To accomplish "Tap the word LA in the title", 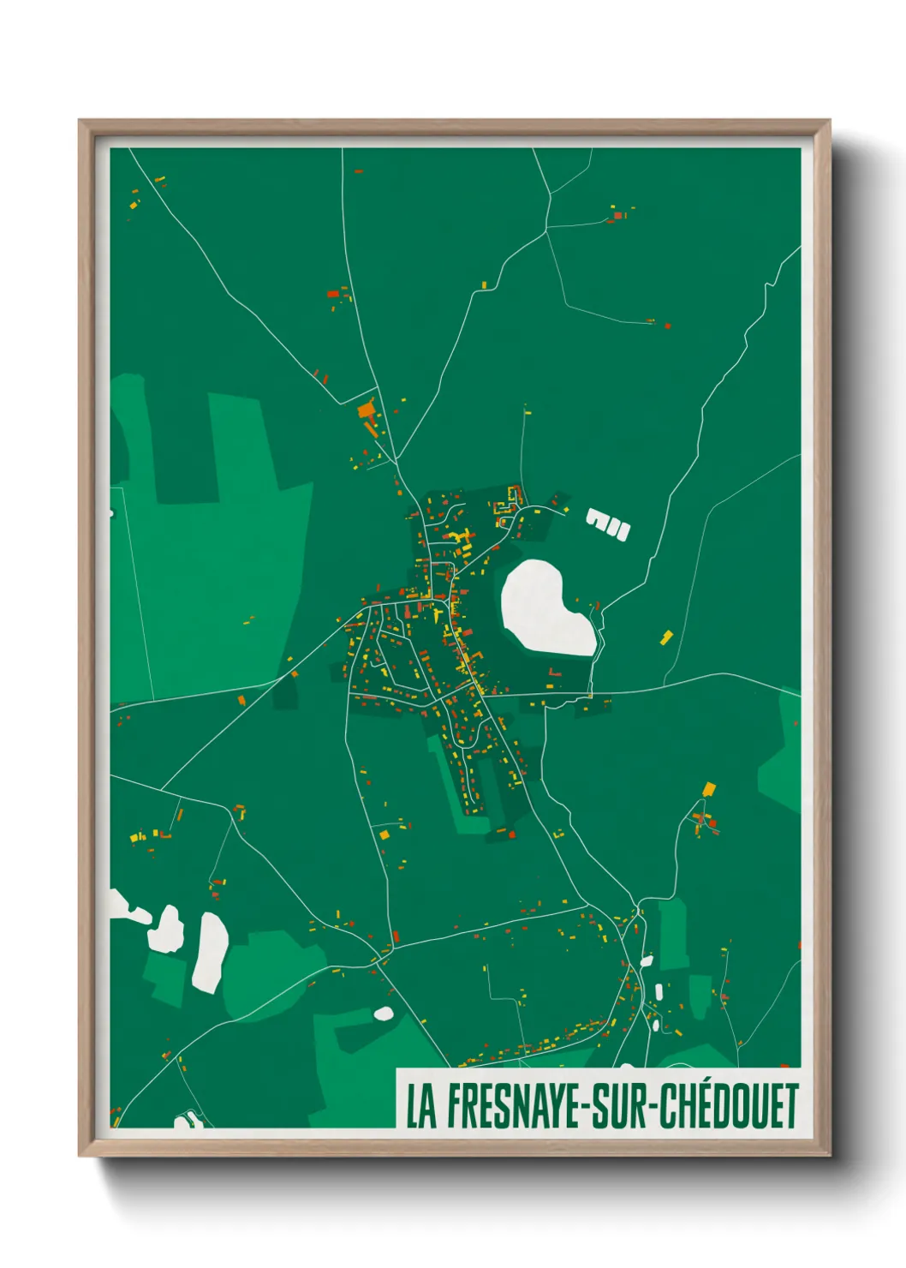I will pos(420,1106).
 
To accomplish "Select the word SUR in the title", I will pos(619,1106).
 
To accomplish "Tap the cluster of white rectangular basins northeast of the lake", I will pos(608,523).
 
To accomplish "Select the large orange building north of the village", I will pos(367,410).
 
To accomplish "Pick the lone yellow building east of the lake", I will pos(667,636).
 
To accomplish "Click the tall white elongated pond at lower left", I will pos(209,951).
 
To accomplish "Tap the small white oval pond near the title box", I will pos(384,1014).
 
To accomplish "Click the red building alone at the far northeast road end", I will pos(667,326).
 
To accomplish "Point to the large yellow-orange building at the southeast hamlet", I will pos(708,789).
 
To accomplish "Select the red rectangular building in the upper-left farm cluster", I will pos(332,294).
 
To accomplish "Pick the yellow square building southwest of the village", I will pos(384,834).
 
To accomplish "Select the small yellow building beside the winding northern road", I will pos(484,284).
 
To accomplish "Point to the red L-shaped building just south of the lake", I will pos(553,673).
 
